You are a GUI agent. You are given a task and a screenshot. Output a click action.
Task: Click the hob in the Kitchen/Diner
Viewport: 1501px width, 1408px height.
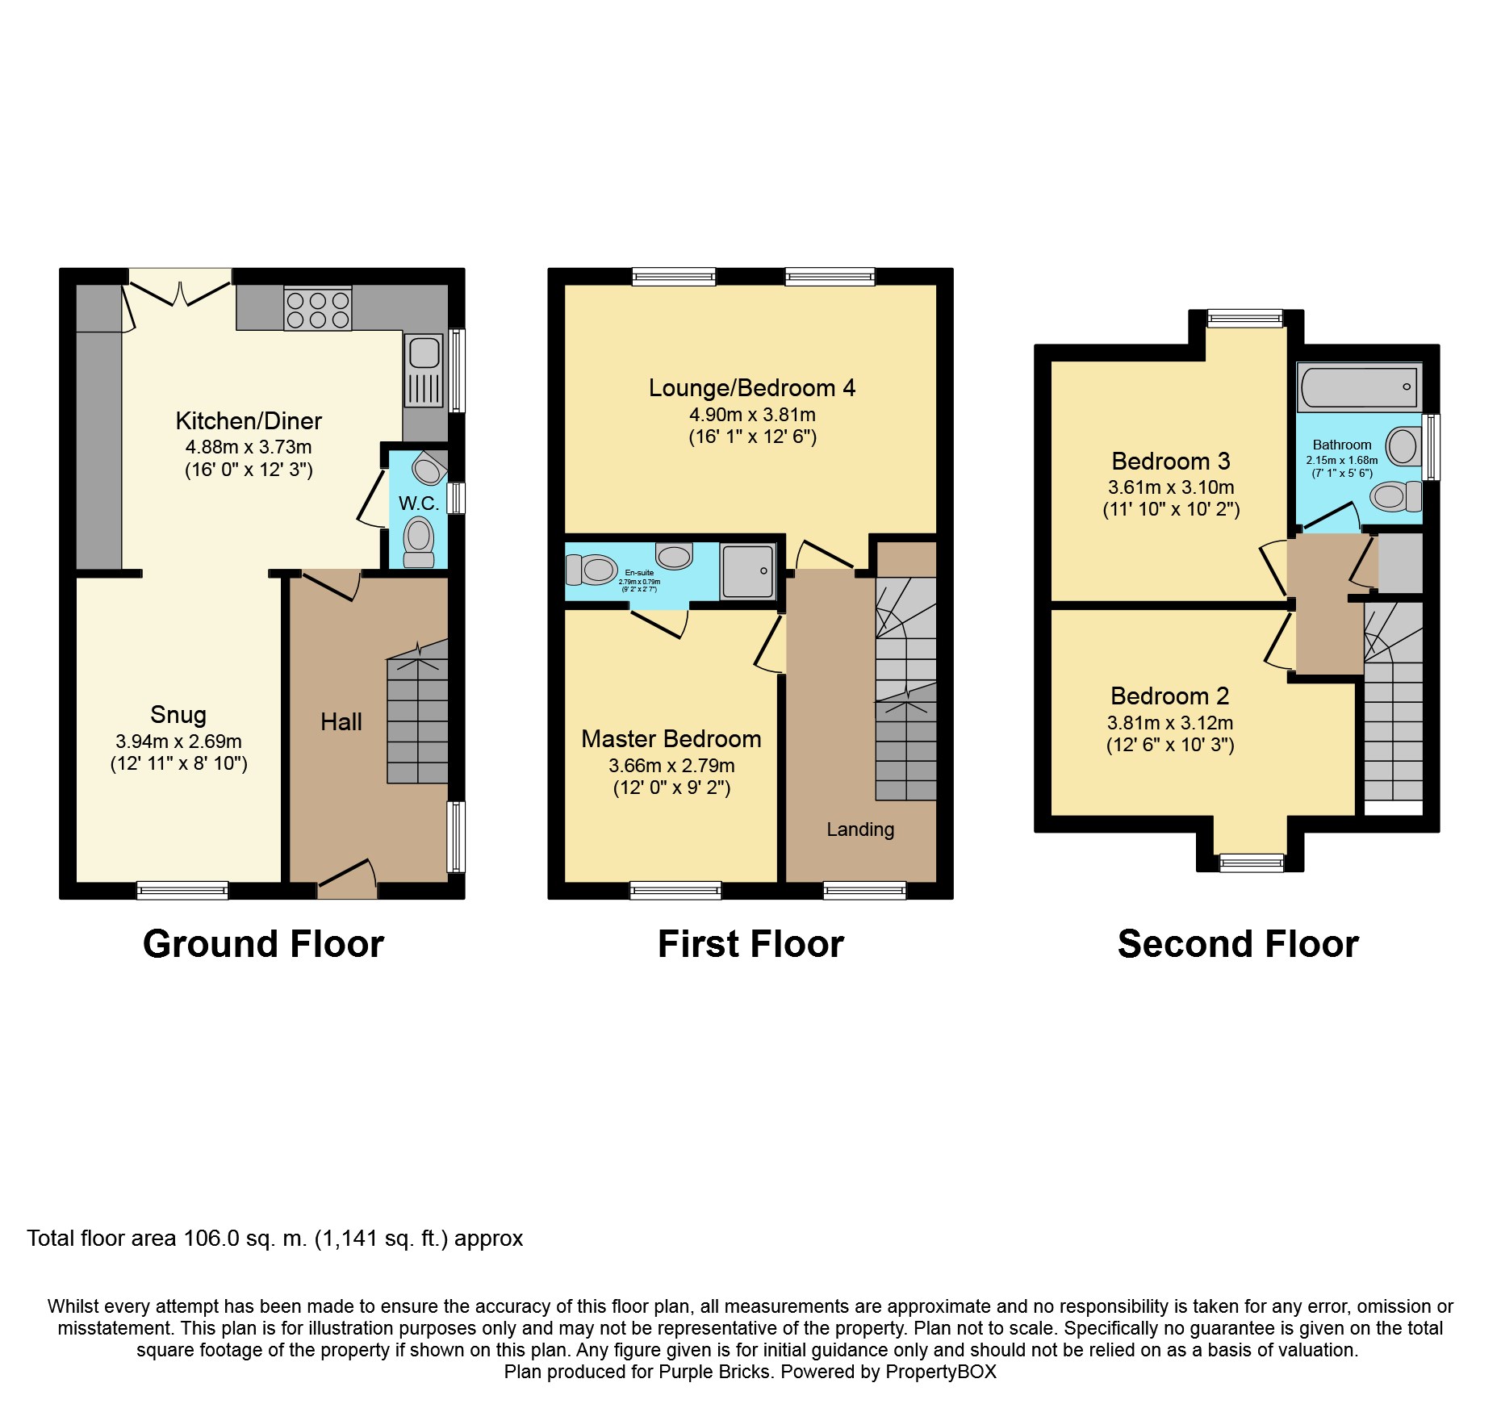click(318, 309)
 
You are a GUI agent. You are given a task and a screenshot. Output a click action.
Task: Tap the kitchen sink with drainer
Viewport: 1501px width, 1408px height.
click(424, 370)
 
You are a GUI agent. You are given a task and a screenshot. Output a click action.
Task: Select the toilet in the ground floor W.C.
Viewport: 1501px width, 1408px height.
click(418, 541)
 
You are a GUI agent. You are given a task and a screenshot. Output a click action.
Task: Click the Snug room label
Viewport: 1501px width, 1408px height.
click(178, 715)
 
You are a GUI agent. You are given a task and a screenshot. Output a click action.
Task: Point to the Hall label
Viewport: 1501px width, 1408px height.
click(341, 722)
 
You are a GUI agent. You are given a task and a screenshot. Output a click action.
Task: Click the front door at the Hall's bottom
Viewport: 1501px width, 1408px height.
click(347, 879)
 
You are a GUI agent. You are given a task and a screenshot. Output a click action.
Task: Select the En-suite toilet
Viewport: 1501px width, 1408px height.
click(592, 570)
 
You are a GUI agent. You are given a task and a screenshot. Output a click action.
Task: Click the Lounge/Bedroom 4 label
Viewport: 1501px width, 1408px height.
click(752, 388)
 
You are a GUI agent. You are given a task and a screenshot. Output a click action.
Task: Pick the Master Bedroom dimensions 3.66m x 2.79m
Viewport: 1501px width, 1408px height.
click(671, 766)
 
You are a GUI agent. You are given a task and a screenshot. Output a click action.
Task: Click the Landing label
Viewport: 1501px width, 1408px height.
click(860, 829)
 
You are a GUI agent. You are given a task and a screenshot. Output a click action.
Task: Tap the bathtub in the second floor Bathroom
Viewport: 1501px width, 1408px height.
click(1360, 386)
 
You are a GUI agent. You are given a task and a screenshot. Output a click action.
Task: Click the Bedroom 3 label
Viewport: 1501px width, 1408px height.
click(1171, 462)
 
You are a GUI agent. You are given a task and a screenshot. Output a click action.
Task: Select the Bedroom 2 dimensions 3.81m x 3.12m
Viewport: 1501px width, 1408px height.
click(1170, 723)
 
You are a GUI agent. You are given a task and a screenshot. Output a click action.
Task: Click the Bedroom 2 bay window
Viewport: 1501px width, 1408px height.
click(1251, 863)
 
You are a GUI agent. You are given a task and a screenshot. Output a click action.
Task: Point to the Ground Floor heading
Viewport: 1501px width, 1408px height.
click(263, 944)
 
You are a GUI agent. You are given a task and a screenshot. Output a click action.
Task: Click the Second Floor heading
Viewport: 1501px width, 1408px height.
click(1238, 944)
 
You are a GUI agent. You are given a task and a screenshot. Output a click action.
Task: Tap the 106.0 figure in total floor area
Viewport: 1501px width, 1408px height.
click(211, 1239)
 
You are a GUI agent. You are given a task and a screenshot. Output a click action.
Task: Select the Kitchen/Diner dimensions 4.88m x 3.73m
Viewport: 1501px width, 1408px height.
click(249, 447)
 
